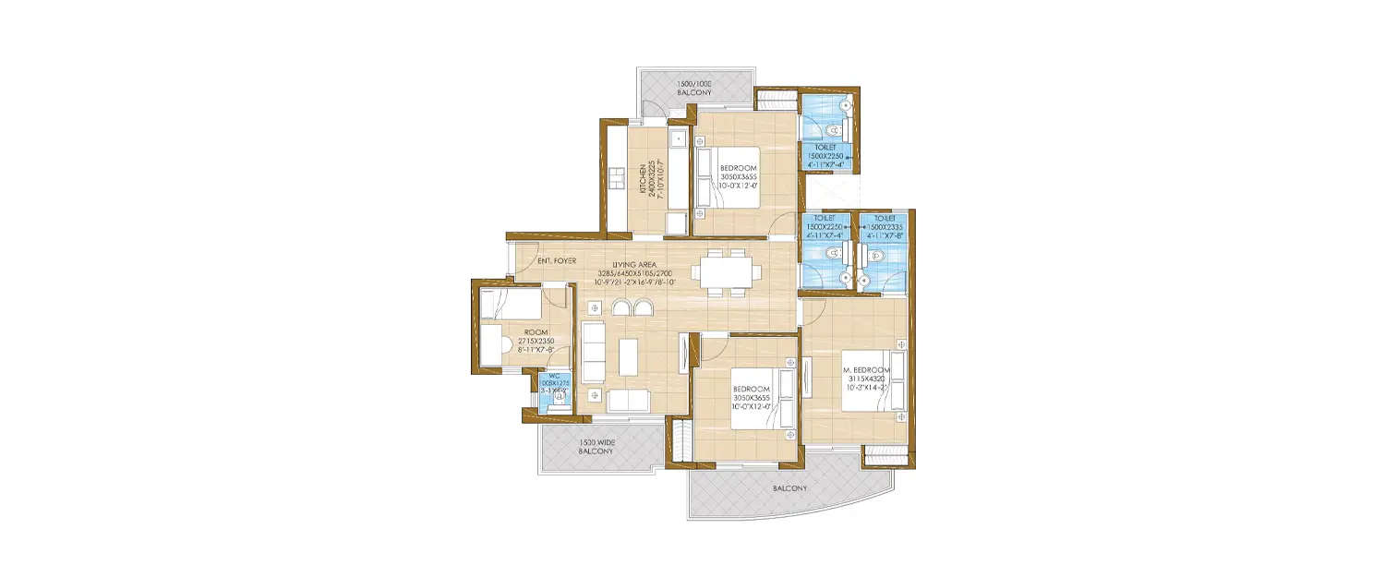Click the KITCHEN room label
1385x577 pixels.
[643, 178]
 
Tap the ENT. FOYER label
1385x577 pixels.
[558, 261]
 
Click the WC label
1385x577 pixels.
[553, 377]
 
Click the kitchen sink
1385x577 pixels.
[677, 140]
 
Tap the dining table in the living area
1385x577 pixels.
[729, 272]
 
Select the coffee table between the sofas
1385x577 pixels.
[628, 356]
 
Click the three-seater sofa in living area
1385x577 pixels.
[593, 350]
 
